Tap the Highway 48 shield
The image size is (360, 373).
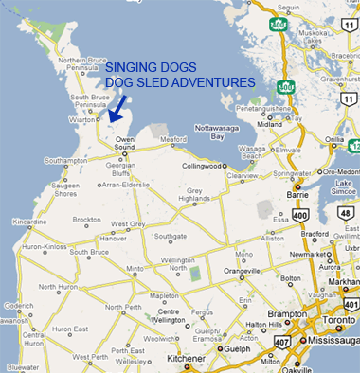click(347, 214)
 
